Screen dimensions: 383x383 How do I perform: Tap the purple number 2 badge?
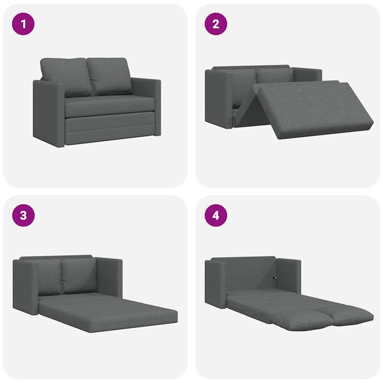[x=215, y=24]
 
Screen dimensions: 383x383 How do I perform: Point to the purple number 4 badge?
[x=215, y=215]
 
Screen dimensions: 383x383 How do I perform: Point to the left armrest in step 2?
[x=218, y=98]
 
